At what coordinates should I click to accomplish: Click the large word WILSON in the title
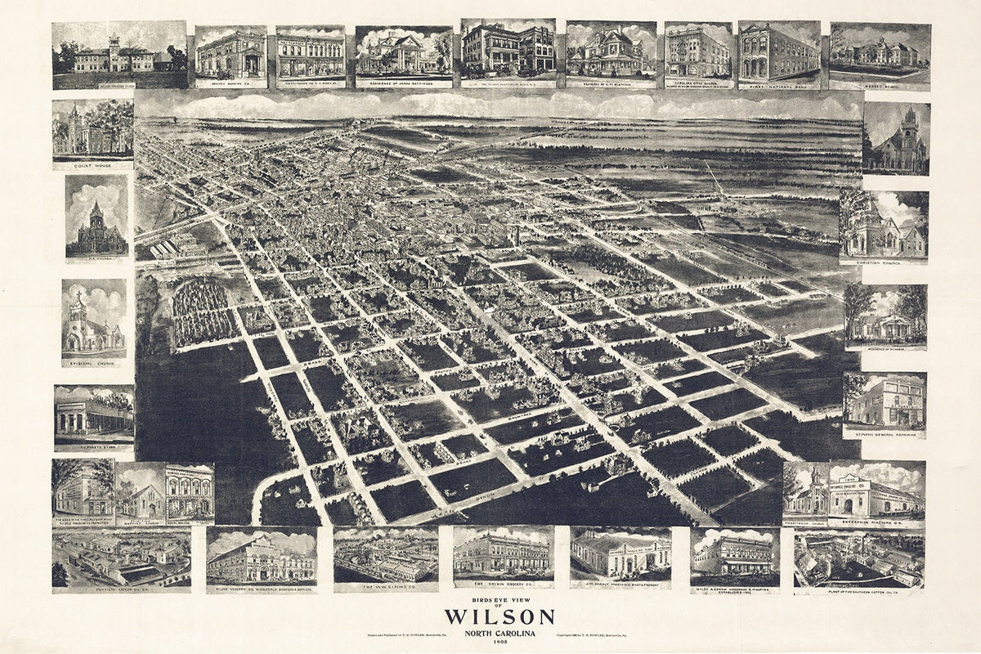tap(499, 616)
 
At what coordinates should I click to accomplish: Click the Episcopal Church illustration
tap(94, 319)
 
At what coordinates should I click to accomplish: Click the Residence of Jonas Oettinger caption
tap(403, 83)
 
